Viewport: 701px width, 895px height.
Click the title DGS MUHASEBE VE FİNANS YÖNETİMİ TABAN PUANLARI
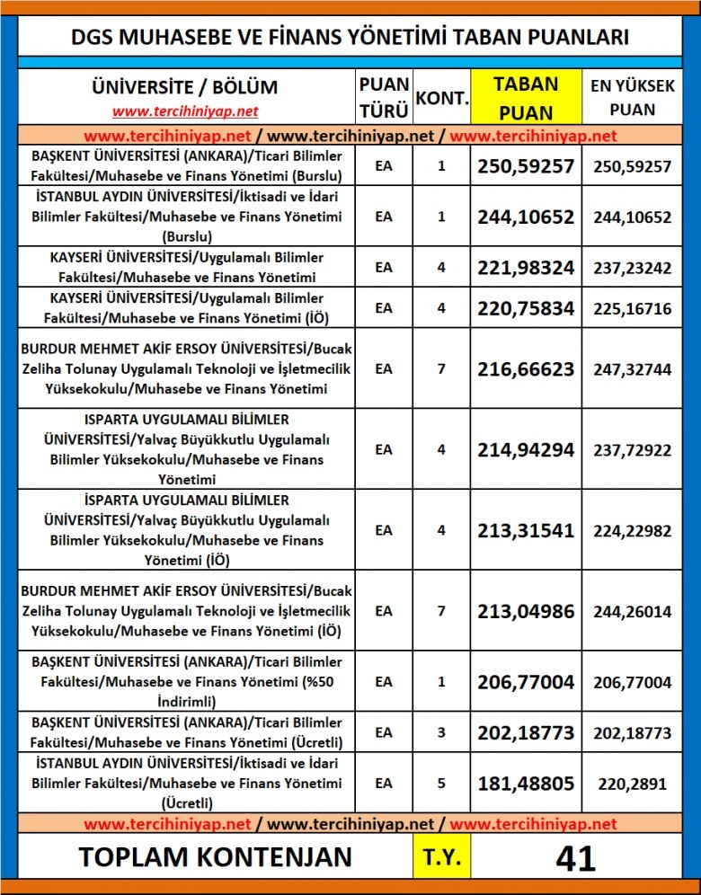[350, 37]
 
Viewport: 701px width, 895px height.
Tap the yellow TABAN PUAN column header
[526, 97]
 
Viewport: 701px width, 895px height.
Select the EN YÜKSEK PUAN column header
[632, 97]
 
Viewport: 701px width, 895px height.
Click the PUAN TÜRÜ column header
[384, 97]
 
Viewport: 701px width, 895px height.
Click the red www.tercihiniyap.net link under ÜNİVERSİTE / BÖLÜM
[185, 111]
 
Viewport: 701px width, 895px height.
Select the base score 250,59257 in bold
[526, 166]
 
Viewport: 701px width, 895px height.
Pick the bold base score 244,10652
[526, 217]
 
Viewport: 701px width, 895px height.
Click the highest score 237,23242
[632, 267]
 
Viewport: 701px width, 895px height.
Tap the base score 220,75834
[526, 308]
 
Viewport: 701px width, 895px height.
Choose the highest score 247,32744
[632, 368]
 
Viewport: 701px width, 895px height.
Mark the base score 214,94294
[526, 448]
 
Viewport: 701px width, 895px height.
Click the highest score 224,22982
[632, 530]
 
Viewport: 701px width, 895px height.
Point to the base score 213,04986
[526, 611]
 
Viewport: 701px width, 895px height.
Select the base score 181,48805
[526, 784]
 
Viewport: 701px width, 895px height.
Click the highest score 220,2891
[632, 784]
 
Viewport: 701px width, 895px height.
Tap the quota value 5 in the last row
[441, 784]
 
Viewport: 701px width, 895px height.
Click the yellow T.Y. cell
[441, 857]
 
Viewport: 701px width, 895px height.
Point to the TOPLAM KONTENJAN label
[216, 857]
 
